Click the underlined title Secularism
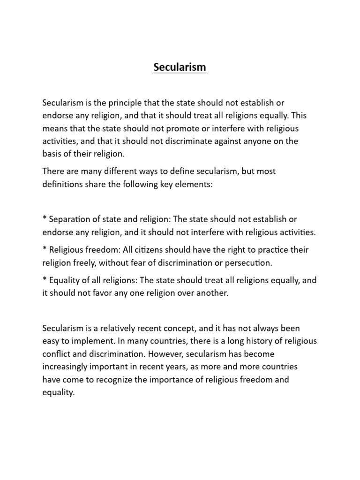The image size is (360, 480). [x=180, y=67]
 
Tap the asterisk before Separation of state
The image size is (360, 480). [x=45, y=218]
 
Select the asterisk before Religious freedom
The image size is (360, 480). [x=45, y=249]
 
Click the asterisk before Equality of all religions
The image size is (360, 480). [x=45, y=280]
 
